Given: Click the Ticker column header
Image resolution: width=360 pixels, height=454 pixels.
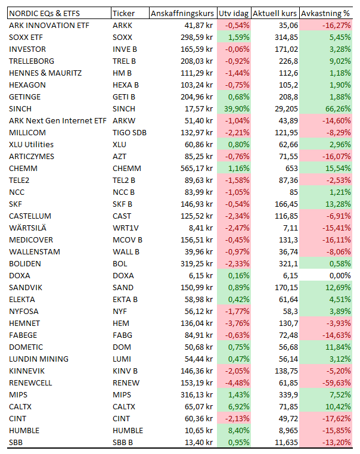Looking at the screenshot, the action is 123,13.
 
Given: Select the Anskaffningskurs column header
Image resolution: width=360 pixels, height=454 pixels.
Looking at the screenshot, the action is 182,13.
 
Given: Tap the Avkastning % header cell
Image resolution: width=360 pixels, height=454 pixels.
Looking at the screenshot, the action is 325,13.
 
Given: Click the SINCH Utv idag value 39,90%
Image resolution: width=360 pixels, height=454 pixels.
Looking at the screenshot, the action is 237,109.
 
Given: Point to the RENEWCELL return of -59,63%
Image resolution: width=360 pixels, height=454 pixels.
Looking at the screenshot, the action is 337,383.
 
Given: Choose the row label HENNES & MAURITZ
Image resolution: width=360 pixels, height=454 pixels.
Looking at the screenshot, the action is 45,73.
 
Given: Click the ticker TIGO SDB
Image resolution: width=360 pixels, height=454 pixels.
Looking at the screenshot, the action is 129,133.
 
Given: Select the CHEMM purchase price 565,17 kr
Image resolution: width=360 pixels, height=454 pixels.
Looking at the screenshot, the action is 197,168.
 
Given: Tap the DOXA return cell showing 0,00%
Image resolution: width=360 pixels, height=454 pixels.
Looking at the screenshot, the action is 340,276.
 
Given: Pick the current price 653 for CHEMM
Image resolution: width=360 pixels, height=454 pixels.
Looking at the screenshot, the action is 291,168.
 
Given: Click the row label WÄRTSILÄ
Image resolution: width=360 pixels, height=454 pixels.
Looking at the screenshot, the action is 27,228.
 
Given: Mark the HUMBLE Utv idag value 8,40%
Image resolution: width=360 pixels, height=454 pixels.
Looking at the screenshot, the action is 238,431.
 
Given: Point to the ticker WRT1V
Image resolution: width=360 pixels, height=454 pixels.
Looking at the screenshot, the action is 126,228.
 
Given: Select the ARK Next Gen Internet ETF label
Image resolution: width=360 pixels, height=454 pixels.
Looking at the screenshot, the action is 58,121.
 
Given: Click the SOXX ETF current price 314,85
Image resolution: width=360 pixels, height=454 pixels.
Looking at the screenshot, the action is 287,38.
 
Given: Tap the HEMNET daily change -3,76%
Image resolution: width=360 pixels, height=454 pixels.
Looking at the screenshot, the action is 237,323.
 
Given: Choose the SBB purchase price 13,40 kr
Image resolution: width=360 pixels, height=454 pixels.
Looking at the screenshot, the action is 198,443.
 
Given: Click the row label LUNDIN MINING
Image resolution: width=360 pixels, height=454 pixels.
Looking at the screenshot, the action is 39,359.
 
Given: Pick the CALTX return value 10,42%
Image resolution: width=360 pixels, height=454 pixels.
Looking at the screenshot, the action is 338,406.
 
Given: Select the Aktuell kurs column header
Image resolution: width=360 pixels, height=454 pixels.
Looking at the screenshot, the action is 275,13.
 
